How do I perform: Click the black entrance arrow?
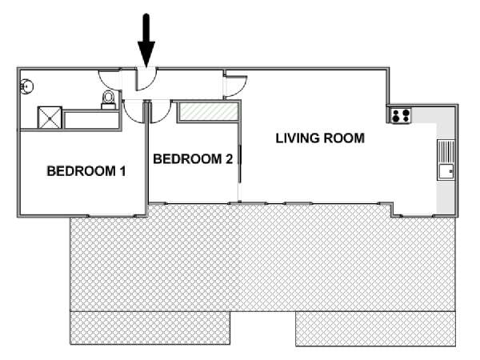[x=146, y=41]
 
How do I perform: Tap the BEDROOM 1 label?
[x=86, y=171]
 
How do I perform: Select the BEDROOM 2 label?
[x=193, y=159]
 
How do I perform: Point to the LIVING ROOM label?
[x=320, y=138]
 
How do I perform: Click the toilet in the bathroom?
[x=108, y=100]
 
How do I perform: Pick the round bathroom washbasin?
[x=26, y=86]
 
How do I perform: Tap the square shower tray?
[x=50, y=118]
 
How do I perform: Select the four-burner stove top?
[x=401, y=116]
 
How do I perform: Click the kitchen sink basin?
[x=446, y=171]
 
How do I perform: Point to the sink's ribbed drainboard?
[x=446, y=152]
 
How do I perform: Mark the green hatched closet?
[x=209, y=112]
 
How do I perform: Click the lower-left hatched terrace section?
[x=150, y=328]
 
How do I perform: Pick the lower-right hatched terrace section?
[x=375, y=329]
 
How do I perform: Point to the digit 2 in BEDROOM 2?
[x=229, y=159]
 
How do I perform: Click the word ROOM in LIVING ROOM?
[x=344, y=138]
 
